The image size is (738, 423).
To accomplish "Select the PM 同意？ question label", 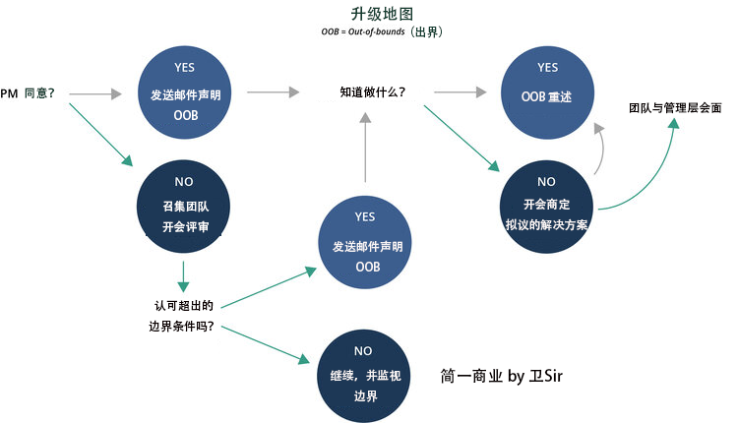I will pos(28,93).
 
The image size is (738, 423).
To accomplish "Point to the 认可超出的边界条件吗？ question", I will pos(184,316).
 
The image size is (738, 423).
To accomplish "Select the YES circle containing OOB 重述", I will pos(548,87).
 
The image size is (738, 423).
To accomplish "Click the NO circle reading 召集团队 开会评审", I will pos(184,207).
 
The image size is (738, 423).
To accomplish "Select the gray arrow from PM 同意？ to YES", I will pos(102,94).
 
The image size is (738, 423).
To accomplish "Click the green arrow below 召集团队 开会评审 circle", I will pos(184,275).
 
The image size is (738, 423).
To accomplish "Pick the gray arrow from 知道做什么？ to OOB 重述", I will pos(460,92).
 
